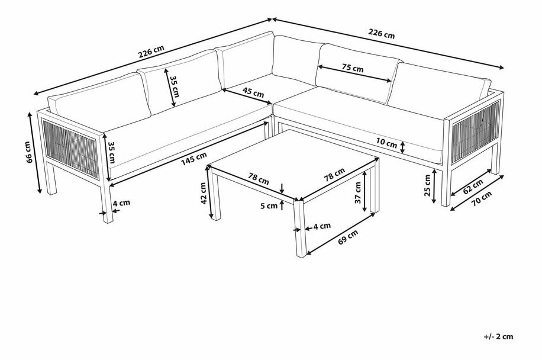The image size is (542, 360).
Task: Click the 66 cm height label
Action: [x=29, y=152]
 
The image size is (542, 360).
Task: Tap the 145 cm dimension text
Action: [x=194, y=159]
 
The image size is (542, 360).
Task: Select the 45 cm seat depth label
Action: [x=253, y=92]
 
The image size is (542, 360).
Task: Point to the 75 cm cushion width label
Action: [x=353, y=68]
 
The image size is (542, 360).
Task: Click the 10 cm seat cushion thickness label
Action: [x=387, y=143]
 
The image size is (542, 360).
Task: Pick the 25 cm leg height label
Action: [x=428, y=185]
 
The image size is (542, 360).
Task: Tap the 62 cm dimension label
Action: [x=473, y=187]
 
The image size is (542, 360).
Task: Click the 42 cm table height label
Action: [x=204, y=193]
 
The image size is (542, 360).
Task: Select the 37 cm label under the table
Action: [x=357, y=192]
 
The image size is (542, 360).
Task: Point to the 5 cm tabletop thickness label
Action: [x=269, y=206]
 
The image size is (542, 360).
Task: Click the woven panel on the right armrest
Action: [x=475, y=132]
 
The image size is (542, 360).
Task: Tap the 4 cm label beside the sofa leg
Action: [x=121, y=202]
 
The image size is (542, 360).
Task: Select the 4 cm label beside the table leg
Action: [x=322, y=226]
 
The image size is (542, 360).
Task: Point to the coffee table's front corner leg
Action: [x=301, y=228]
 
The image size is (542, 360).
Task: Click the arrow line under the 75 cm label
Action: [x=354, y=74]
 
